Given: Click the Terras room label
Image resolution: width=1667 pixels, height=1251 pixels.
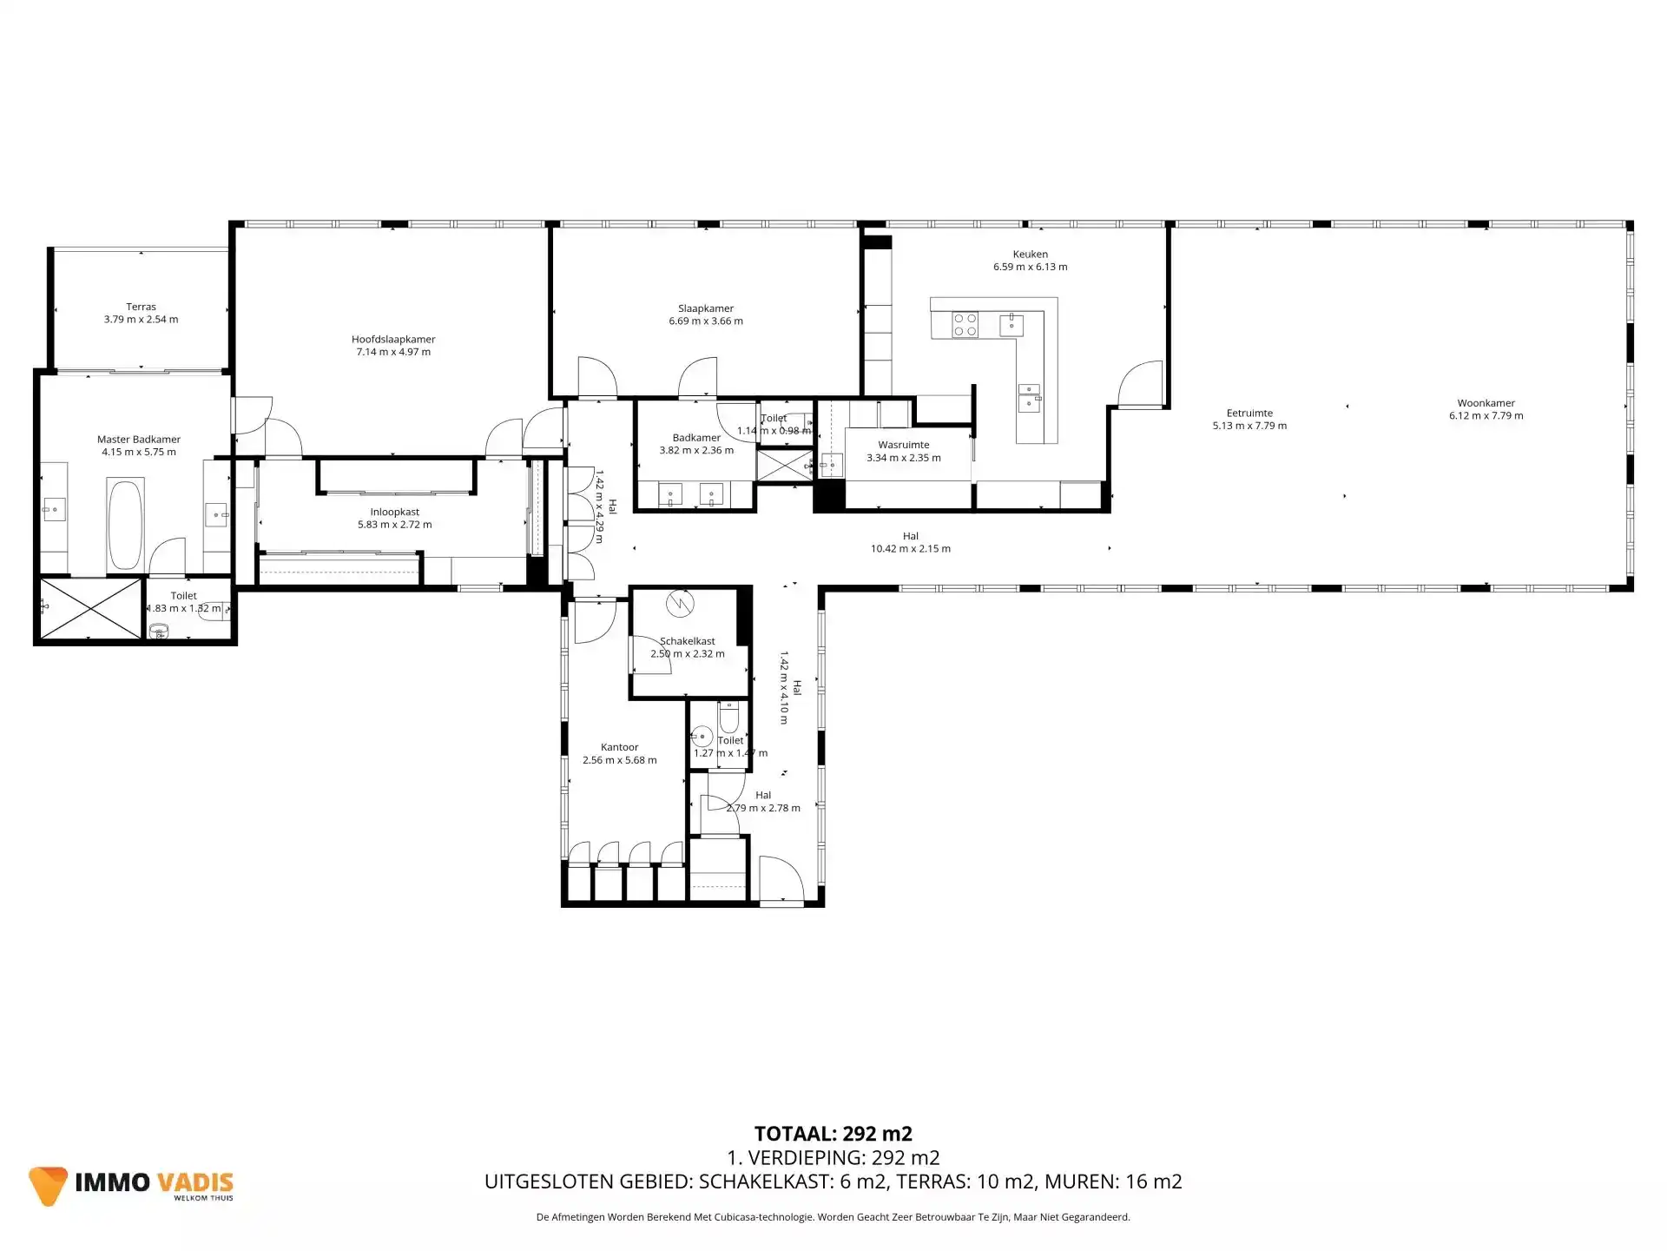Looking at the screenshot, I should (x=141, y=307).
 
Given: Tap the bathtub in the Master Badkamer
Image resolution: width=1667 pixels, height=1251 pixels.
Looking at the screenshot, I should (x=126, y=524).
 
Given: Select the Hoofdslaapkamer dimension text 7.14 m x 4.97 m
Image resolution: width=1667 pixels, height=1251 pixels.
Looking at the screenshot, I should (x=393, y=352).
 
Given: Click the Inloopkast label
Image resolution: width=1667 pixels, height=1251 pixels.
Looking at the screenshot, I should (x=394, y=513).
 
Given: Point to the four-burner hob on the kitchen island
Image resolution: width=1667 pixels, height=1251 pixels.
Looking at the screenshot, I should (x=965, y=325).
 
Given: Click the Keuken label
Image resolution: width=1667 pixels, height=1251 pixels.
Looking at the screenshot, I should (x=1030, y=255).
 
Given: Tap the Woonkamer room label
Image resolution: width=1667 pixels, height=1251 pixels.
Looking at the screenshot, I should (x=1486, y=403).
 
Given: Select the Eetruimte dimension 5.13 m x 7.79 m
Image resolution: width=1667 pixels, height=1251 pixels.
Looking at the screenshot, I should (x=1249, y=426).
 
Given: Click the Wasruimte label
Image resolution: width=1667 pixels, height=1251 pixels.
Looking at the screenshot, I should (x=903, y=445).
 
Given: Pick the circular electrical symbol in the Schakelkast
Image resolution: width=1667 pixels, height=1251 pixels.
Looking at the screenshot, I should (x=680, y=602).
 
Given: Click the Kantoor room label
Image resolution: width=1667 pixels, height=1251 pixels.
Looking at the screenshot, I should (x=619, y=747).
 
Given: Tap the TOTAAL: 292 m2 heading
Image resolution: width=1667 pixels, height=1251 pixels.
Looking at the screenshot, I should (x=833, y=1134).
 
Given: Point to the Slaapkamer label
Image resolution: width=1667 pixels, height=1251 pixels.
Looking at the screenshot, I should (x=705, y=308).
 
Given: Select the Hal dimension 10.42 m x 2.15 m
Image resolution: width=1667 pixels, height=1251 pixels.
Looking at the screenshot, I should (x=910, y=548).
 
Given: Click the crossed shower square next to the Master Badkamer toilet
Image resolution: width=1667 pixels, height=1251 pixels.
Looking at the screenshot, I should (x=89, y=608).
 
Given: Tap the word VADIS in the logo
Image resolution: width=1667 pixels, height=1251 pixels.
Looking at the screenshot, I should (x=194, y=1182).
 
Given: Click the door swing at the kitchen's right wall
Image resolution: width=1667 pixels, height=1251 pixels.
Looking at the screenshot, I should (x=1141, y=384).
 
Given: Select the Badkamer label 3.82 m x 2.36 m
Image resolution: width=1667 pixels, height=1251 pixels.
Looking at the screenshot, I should (x=695, y=444).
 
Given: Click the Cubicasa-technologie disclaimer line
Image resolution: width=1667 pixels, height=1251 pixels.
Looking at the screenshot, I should (x=833, y=1217).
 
